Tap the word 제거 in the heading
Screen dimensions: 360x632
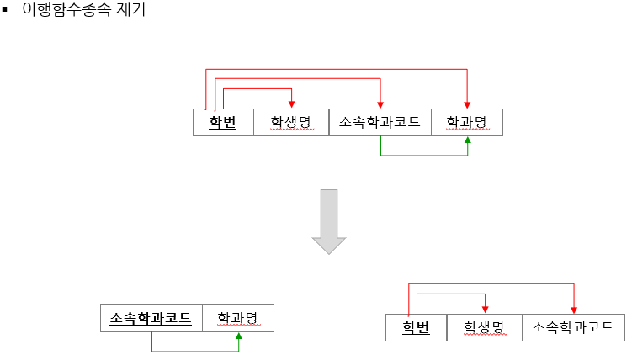[128, 12]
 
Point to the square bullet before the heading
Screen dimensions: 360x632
[5, 11]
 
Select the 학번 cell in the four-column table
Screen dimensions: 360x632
[223, 123]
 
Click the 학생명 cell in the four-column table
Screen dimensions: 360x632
[290, 123]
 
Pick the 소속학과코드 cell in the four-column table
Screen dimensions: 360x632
[380, 123]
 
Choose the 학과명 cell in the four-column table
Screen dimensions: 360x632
[466, 123]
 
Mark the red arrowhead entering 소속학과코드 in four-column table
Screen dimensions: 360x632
[380, 104]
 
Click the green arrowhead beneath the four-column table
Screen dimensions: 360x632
[467, 141]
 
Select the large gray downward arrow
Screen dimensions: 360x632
[329, 221]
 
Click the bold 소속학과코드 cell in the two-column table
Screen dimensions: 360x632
[151, 318]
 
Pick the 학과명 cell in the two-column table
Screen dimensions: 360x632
[237, 318]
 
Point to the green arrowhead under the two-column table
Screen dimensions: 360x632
[239, 336]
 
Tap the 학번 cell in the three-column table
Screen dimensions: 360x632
[416, 327]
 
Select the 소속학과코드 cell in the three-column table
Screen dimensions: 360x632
[573, 327]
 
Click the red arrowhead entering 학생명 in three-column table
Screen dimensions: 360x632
[485, 310]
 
